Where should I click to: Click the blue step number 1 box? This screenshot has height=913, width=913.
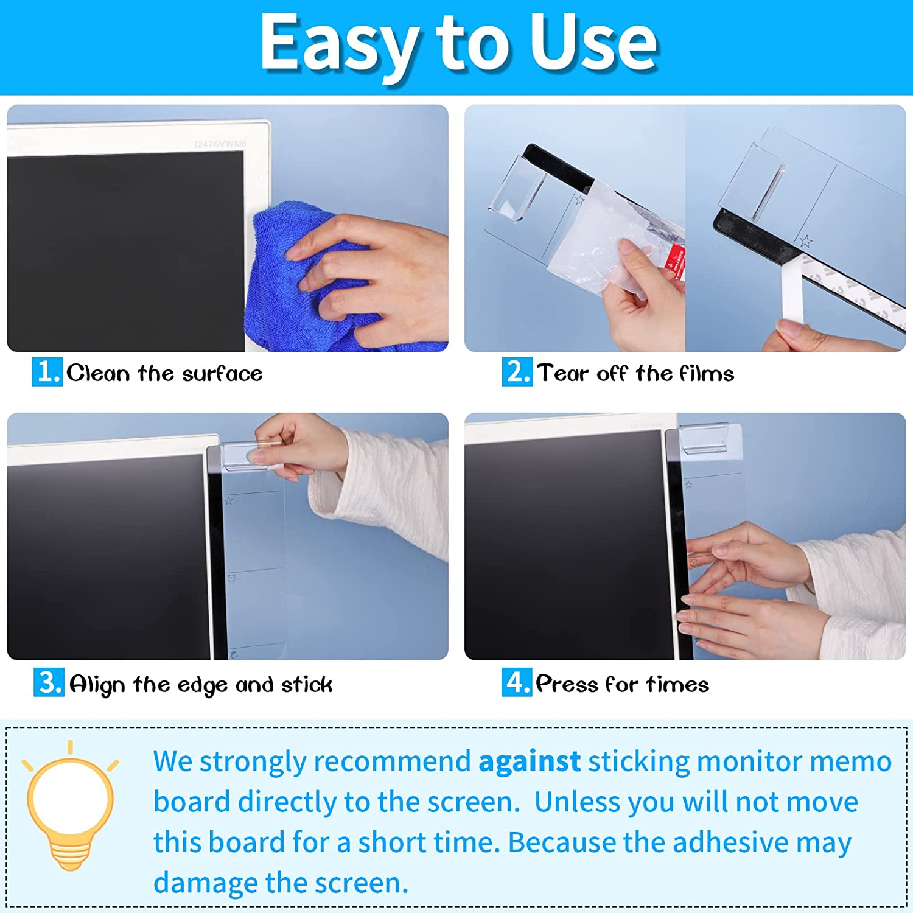tap(47, 371)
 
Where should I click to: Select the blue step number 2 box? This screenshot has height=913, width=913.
tap(517, 371)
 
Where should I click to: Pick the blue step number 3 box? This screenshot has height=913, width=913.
tap(49, 682)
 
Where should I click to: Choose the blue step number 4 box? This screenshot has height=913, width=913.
tap(516, 682)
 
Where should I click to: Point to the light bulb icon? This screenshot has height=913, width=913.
tap(70, 803)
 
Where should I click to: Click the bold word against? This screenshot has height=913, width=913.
tap(530, 761)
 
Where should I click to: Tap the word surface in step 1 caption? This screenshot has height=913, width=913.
tap(222, 373)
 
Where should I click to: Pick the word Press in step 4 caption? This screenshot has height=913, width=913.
tap(567, 685)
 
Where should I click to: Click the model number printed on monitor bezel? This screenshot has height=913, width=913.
tap(220, 144)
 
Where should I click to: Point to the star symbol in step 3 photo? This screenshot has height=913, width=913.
tap(229, 501)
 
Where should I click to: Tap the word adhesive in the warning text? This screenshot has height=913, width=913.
tap(730, 843)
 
